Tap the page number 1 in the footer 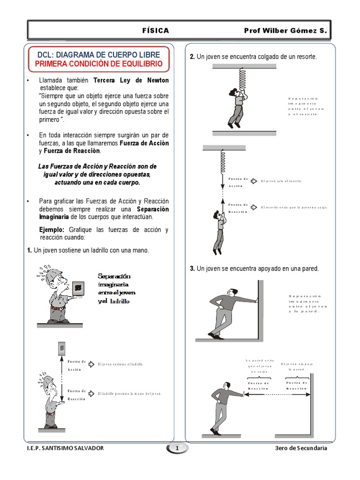coord(177,449)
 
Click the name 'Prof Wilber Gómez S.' coord(284,31)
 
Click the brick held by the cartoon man coord(79,287)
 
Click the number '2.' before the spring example coord(192,57)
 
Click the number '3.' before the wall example coord(192,269)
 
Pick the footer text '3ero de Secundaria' coord(301,448)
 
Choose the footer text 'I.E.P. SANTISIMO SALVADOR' coord(66,448)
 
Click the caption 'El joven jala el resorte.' coord(282,181)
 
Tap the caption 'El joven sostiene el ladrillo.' coord(120,364)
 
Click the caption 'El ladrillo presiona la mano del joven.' coord(130,394)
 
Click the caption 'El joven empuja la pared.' coord(297,367)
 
